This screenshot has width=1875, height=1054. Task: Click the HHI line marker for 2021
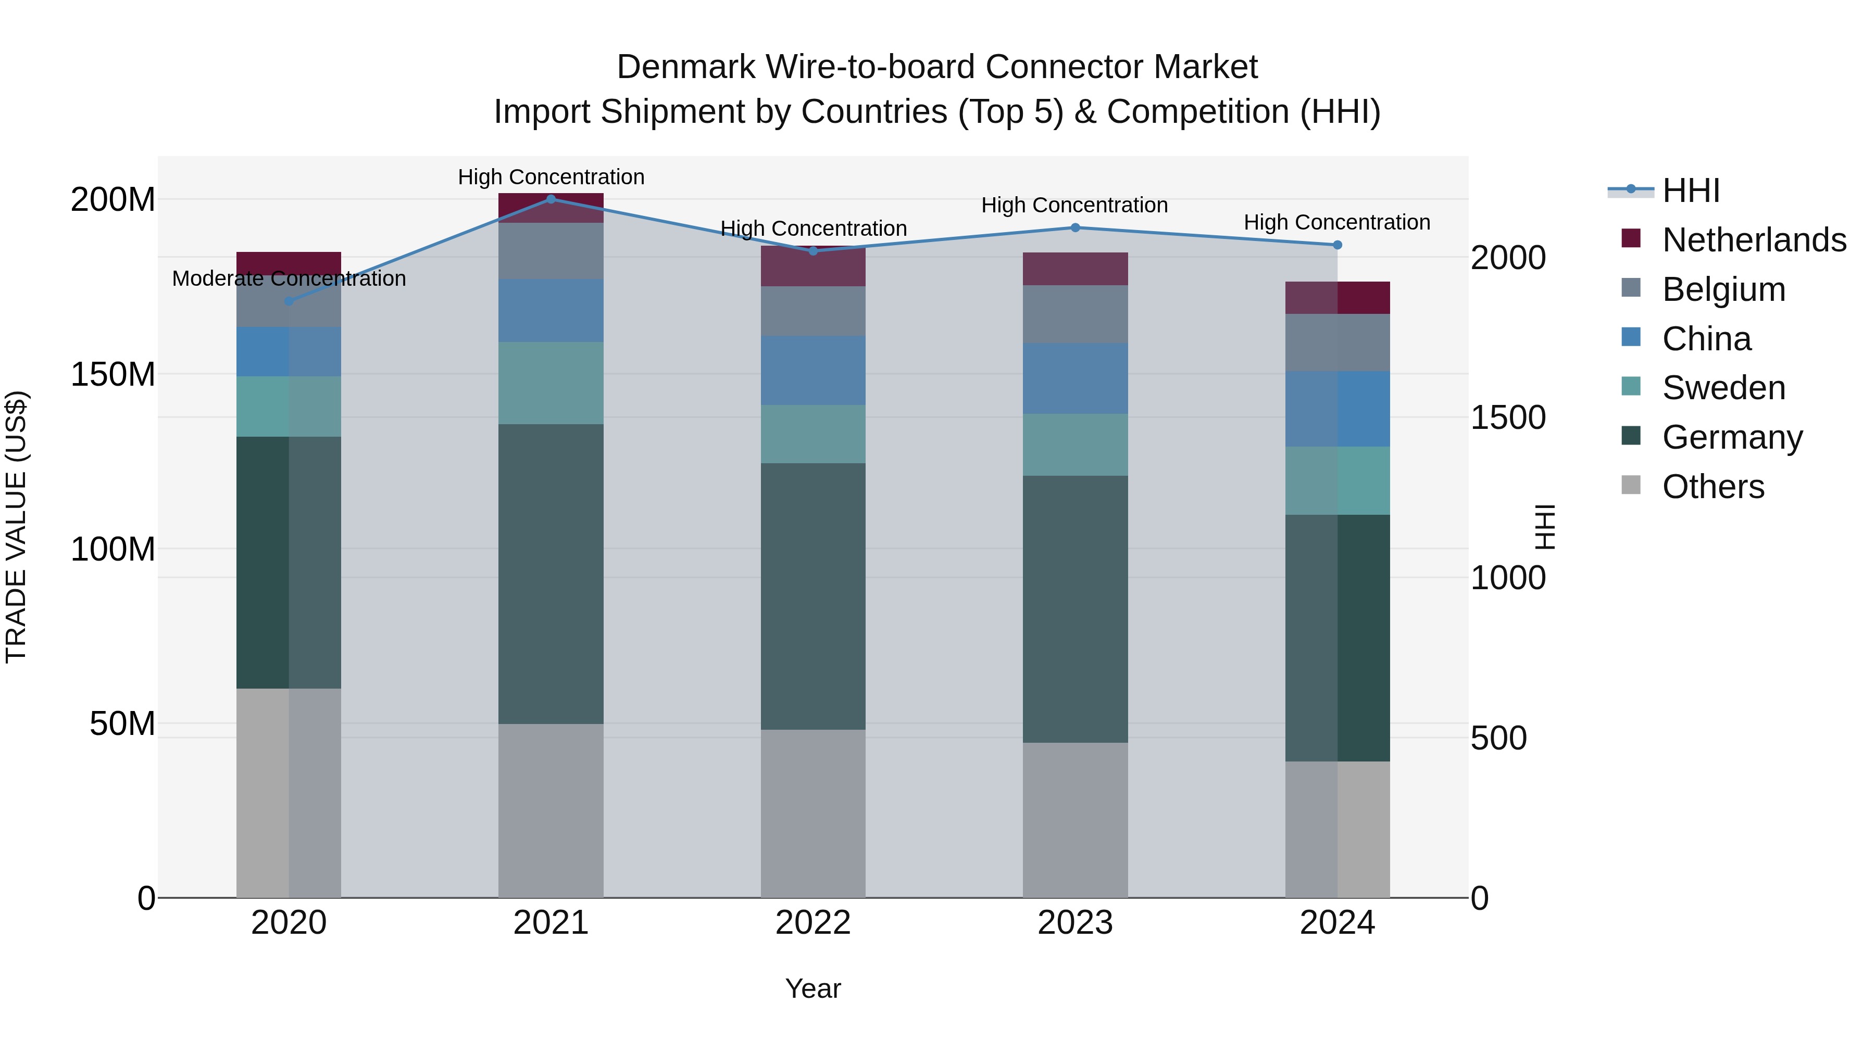551,199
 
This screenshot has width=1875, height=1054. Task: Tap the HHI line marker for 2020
289,301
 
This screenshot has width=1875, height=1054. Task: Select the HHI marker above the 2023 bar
1075,227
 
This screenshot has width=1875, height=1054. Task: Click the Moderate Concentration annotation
289,278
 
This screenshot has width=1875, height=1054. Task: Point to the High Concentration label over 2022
813,228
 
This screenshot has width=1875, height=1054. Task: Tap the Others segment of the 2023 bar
1075,820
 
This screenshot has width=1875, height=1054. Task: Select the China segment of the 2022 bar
813,370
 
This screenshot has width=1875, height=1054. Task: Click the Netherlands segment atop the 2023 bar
1075,269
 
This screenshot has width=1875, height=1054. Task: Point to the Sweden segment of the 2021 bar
551,383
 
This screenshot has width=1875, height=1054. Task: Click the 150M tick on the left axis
113,375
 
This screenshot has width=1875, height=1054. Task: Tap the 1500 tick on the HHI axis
1507,418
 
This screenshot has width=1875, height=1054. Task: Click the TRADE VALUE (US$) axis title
16,527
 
